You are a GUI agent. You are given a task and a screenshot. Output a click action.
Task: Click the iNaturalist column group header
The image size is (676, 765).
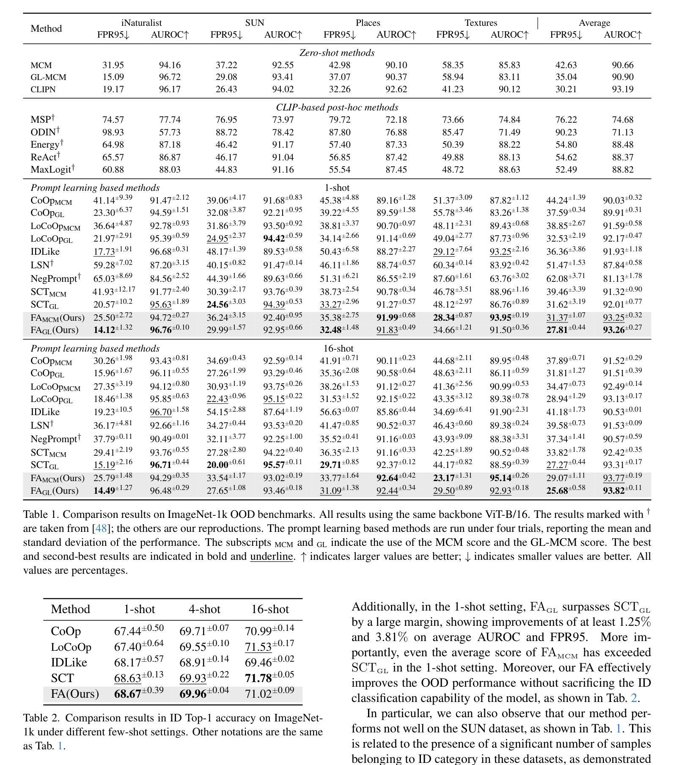(x=141, y=23)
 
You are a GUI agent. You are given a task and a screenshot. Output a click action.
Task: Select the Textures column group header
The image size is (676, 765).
(x=481, y=23)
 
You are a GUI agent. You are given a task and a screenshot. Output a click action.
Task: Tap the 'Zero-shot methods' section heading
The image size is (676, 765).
(x=337, y=53)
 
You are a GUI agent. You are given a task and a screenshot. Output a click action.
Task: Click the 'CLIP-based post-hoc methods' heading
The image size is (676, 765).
(x=337, y=107)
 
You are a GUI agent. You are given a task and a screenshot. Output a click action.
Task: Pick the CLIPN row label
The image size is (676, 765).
(x=43, y=90)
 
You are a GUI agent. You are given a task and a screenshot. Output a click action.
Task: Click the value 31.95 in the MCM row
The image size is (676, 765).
(x=113, y=65)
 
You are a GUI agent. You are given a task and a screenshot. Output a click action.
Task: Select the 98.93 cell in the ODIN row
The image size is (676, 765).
(x=113, y=132)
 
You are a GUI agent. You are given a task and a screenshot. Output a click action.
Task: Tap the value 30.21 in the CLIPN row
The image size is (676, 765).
(x=566, y=90)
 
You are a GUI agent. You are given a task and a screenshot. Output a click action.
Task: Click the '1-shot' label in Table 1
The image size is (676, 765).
(x=337, y=187)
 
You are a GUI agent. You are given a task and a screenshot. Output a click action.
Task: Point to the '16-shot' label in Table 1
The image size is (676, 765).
(x=338, y=348)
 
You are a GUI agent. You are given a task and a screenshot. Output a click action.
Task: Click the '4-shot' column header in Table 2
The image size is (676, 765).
(x=204, y=609)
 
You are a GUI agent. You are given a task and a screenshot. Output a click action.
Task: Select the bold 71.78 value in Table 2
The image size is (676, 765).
(x=258, y=678)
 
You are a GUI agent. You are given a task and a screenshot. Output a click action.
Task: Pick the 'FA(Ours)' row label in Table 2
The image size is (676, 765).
(x=75, y=694)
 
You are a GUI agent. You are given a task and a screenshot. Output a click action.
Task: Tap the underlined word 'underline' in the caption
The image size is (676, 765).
(x=272, y=556)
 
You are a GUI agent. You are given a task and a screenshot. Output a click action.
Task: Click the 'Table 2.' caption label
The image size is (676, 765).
(x=41, y=718)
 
